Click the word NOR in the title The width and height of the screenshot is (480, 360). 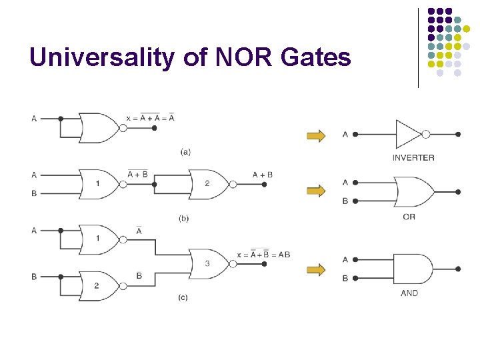click(x=244, y=57)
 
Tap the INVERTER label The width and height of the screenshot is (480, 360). click(x=413, y=157)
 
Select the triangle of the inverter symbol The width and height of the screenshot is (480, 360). click(x=409, y=134)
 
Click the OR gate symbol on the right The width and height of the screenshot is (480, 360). click(x=414, y=192)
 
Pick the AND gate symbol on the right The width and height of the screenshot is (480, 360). click(x=413, y=269)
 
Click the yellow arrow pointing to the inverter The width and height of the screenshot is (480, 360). click(x=316, y=136)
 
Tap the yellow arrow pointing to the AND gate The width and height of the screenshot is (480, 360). click(x=316, y=270)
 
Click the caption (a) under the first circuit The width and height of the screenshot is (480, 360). click(x=185, y=152)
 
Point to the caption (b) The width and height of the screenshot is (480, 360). click(x=184, y=219)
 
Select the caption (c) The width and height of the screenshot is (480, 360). click(x=183, y=297)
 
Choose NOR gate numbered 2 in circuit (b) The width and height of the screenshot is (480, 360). click(x=209, y=184)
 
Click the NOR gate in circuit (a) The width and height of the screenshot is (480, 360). click(x=99, y=128)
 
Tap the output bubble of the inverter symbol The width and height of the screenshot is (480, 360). click(x=426, y=134)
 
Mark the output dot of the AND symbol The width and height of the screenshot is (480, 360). click(x=458, y=269)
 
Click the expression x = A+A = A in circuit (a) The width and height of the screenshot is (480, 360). click(x=150, y=117)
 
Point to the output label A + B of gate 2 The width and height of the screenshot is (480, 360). click(x=263, y=175)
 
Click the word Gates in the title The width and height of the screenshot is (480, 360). click(x=316, y=57)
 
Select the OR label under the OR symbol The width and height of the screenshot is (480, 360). click(x=409, y=217)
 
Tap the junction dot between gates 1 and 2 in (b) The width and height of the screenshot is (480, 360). click(x=154, y=184)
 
